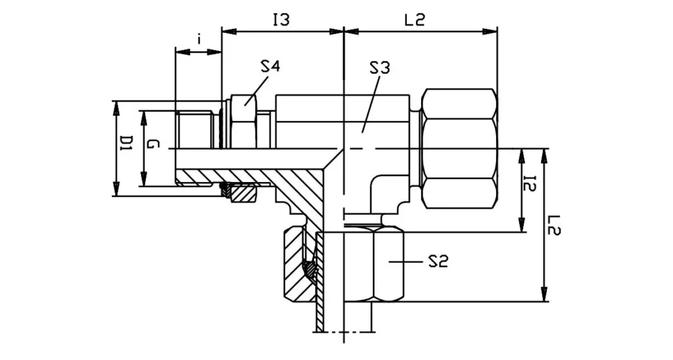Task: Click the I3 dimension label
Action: [x=281, y=20]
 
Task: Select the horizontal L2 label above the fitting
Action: [x=415, y=20]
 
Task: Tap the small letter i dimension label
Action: [x=198, y=39]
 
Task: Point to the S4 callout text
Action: [x=270, y=66]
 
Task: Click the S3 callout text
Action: [x=379, y=67]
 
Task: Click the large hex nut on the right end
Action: [x=459, y=148]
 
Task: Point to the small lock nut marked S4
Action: [x=244, y=122]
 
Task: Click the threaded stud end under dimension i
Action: [x=195, y=130]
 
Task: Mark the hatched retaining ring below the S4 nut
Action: [x=243, y=193]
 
